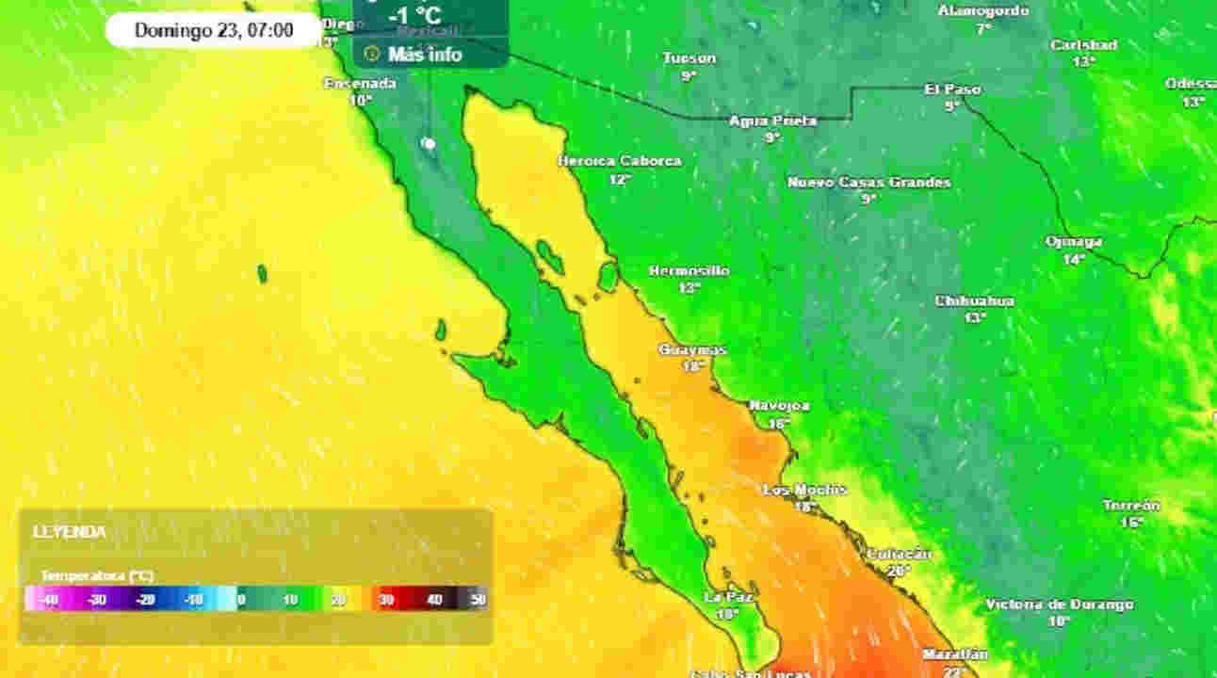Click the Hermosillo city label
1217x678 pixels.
click(689, 271)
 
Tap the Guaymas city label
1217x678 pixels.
click(692, 350)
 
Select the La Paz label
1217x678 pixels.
click(726, 597)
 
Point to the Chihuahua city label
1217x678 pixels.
click(974, 301)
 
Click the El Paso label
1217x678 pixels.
click(952, 89)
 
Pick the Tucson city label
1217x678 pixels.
click(690, 58)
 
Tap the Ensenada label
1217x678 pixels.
click(360, 83)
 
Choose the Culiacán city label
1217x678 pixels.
click(899, 554)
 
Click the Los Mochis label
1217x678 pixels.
click(804, 490)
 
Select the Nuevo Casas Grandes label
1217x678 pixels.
click(868, 182)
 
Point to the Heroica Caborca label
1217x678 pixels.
click(619, 161)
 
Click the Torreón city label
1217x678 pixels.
click(1131, 506)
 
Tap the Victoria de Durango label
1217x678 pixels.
click(1060, 605)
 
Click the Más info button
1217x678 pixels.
click(425, 55)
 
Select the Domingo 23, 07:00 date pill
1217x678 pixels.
click(214, 30)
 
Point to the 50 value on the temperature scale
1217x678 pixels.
click(478, 599)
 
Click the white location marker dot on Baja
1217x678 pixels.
click(430, 143)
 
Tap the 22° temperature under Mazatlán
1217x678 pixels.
click(954, 670)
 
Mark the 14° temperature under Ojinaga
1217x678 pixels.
click(1074, 259)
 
